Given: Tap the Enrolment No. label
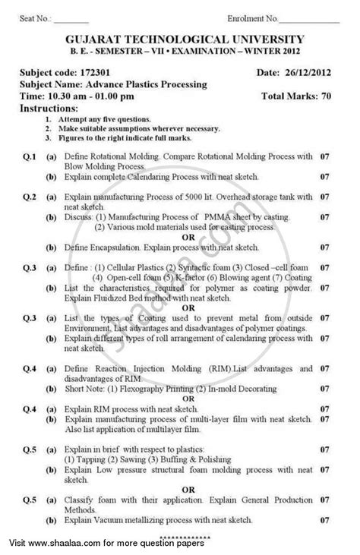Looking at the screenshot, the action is point(254,16).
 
